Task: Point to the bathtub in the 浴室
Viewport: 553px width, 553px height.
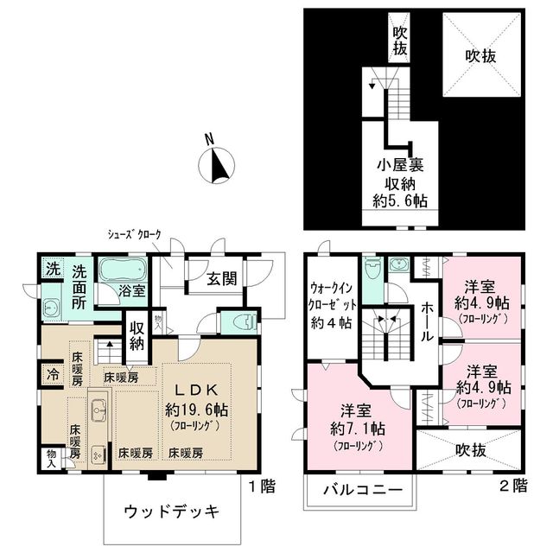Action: pos(123,269)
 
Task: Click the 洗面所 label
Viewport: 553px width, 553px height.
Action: pos(84,287)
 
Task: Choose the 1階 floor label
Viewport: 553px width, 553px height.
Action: pos(264,486)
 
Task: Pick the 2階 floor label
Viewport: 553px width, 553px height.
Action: pos(515,486)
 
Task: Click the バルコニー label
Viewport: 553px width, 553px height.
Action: pos(363,490)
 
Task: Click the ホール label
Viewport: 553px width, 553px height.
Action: pos(427,321)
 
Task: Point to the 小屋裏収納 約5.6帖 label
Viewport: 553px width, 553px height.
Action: pos(399,181)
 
